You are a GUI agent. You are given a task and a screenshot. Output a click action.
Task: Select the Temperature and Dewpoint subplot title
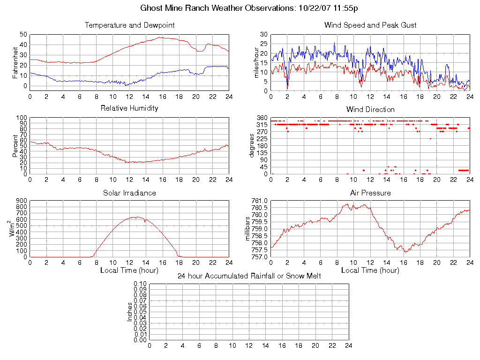pos(129,25)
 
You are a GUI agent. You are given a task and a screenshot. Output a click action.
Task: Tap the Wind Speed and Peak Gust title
pos(370,25)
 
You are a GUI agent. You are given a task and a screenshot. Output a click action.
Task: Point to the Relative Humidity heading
pos(129,108)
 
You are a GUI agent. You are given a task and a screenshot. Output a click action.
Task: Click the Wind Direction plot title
pos(370,109)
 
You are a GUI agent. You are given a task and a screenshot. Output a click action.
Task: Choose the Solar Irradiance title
pos(129,193)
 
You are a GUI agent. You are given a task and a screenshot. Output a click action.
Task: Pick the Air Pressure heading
pos(370,193)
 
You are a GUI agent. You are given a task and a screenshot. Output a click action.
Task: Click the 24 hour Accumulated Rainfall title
pos(249,276)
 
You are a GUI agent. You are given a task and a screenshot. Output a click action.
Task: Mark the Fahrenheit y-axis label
pos(16,62)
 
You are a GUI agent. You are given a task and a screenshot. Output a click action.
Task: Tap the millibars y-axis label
pos(248,229)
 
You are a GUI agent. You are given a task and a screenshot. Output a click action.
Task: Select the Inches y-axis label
pos(130,312)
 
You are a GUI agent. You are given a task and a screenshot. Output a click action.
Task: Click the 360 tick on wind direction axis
pos(262,118)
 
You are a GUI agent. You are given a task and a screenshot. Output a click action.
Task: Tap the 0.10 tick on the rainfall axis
pos(140,284)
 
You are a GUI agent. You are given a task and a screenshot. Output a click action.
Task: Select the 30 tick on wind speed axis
pos(263,34)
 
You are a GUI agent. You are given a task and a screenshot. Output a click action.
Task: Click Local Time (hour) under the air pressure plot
pos(370,270)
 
